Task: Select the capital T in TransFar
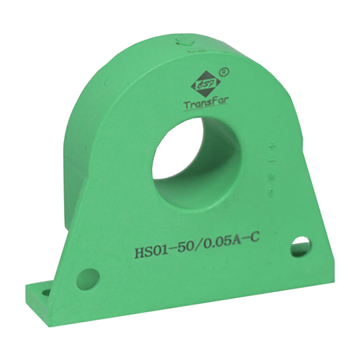click(186, 105)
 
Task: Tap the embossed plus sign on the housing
click(272, 143)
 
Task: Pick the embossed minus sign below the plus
click(272, 161)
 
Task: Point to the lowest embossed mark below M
click(271, 194)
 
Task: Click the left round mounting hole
click(87, 277)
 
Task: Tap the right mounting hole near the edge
click(301, 245)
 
